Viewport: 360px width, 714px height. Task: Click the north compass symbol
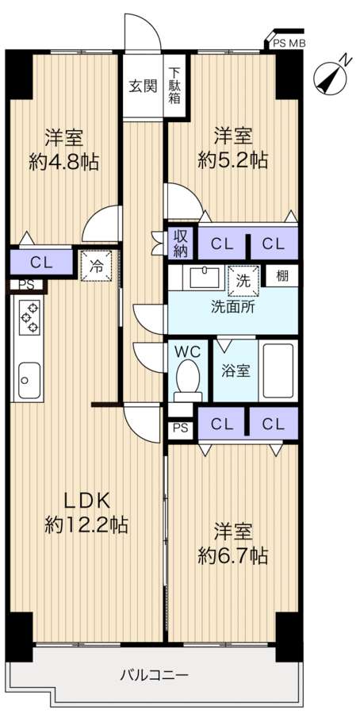(x=331, y=78)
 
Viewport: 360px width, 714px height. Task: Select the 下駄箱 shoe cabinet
(x=175, y=85)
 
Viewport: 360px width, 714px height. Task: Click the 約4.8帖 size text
(x=63, y=162)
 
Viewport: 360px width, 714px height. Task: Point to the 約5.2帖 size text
(x=232, y=160)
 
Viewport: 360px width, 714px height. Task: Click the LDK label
(x=86, y=501)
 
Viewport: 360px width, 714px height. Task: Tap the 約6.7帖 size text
(x=232, y=556)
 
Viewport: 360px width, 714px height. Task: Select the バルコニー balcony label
(x=155, y=674)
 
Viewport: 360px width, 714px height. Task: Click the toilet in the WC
(x=188, y=380)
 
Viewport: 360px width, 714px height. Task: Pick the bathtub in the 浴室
(x=278, y=370)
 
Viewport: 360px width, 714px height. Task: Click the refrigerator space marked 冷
(x=96, y=266)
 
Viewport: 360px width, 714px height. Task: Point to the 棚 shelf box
(x=281, y=276)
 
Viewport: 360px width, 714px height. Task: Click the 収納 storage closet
(x=181, y=244)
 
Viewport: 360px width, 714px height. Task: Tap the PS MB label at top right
(x=289, y=44)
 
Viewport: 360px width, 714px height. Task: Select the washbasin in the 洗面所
(x=205, y=277)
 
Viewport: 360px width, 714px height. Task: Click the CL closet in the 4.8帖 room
(x=41, y=263)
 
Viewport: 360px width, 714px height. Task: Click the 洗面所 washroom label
(x=232, y=306)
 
